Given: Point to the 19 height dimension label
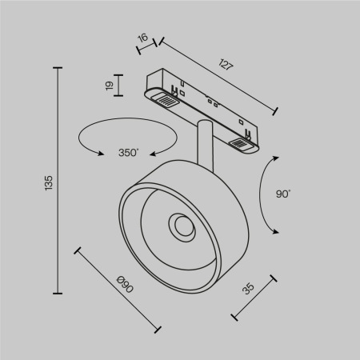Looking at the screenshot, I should [x=109, y=86].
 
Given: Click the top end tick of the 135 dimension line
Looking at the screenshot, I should [x=58, y=69].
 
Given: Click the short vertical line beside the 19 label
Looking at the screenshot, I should [x=119, y=86].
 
